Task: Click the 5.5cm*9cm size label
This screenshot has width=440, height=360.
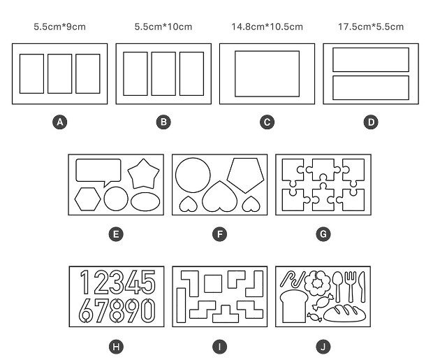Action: [60, 27]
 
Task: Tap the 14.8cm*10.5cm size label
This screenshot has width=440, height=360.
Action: [267, 27]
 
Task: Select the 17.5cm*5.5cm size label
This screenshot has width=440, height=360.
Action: [371, 27]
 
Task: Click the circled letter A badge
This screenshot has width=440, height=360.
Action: [60, 122]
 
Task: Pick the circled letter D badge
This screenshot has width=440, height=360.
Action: [371, 122]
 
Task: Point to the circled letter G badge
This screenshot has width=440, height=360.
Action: [323, 234]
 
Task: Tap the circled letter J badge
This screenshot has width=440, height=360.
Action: [323, 347]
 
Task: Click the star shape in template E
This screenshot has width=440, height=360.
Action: [144, 175]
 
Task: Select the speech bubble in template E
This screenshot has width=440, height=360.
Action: [98, 171]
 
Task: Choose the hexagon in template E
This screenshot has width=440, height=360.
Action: [87, 199]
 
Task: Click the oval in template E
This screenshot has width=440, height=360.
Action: [145, 201]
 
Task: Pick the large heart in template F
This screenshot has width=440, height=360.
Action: [220, 197]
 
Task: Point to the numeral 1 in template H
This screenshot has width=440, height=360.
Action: [85, 282]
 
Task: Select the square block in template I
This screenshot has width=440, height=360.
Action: [213, 284]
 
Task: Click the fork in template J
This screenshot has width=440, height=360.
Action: [351, 287]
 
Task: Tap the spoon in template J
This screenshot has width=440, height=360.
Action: [337, 287]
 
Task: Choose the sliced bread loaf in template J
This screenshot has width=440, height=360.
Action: [293, 306]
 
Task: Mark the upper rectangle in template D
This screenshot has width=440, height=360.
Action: [371, 59]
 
